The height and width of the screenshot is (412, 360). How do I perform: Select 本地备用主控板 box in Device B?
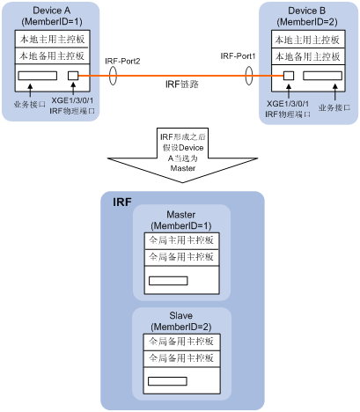tap(308, 55)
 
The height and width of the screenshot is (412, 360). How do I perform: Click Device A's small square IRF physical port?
tap(75, 76)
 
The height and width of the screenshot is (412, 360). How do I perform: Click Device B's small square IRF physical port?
tap(288, 76)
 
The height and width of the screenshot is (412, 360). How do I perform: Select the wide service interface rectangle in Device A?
tap(37, 76)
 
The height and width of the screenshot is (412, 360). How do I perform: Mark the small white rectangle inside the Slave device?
tap(168, 381)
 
